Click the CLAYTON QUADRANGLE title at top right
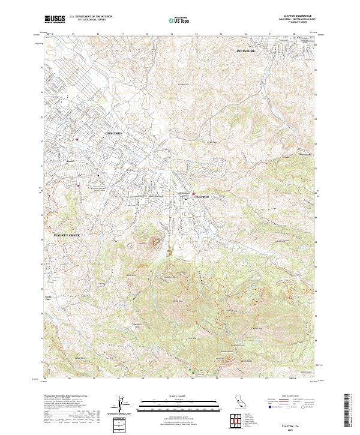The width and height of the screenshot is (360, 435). point(301,16)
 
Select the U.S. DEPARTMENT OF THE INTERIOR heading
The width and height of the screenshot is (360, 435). point(91,17)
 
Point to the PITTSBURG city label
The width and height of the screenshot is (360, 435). point(246,52)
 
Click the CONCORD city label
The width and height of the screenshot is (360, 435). point(113,133)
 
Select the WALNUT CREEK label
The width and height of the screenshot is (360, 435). point(67,235)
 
